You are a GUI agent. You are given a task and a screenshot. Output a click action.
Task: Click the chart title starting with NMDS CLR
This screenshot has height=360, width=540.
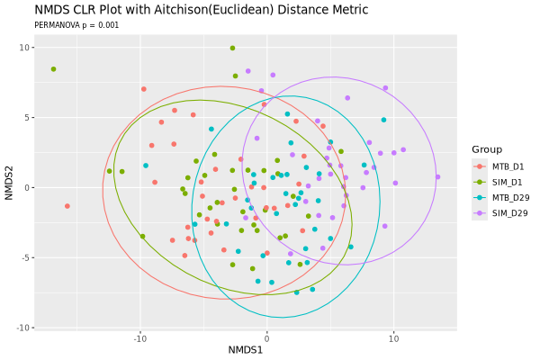click(202, 10)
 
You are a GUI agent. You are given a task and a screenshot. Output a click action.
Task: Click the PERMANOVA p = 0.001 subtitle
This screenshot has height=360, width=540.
click(76, 25)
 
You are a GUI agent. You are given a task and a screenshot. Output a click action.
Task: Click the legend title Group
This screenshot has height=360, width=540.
click(487, 149)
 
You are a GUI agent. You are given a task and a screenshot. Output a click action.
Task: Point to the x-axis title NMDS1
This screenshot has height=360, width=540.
click(246, 350)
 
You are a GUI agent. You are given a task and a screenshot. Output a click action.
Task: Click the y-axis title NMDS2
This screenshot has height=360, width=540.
click(9, 183)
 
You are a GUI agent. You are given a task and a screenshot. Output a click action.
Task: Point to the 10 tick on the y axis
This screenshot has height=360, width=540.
click(24, 48)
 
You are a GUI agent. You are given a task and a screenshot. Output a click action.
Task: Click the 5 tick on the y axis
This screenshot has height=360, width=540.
click(27, 118)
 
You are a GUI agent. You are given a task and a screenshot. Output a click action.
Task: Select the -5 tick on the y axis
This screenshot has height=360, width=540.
click(25, 258)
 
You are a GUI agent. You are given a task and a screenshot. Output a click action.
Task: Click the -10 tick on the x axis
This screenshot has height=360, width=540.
click(139, 338)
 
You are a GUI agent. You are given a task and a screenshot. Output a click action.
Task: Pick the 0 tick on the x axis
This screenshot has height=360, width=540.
click(266, 338)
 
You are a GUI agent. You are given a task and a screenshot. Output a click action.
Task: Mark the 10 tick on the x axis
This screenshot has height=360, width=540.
click(393, 338)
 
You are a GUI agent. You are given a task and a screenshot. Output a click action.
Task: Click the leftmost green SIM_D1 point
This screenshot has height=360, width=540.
click(53, 69)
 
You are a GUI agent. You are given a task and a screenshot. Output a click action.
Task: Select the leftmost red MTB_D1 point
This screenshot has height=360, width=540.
click(67, 206)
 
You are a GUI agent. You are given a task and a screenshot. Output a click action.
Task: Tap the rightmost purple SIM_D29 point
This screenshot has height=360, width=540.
click(437, 177)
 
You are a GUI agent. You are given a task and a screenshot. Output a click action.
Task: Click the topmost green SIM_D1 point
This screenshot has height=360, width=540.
click(232, 49)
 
